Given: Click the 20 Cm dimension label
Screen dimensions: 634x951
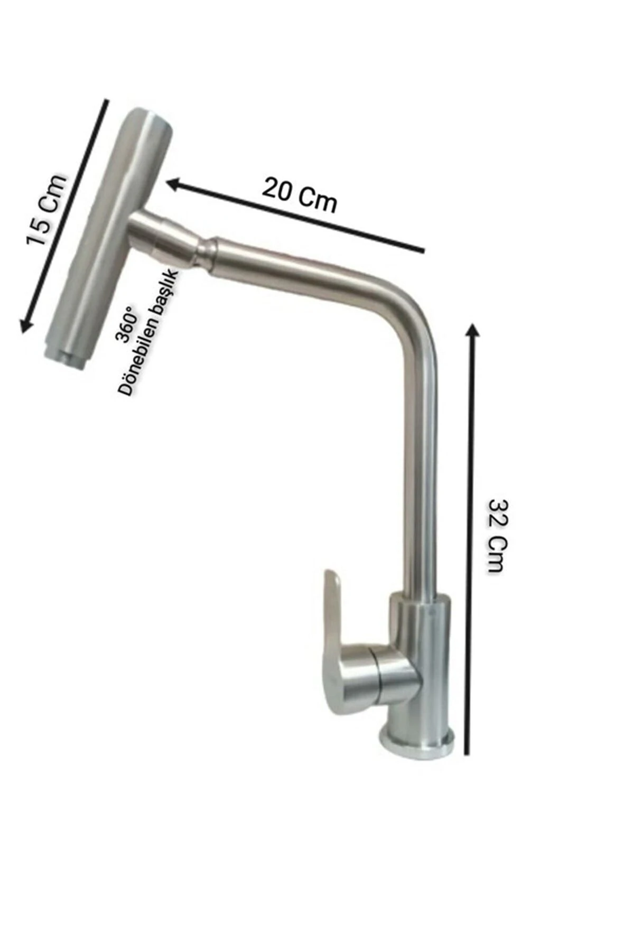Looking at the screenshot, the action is pyautogui.click(x=300, y=195).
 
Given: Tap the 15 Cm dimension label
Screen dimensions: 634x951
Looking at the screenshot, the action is pyautogui.click(x=48, y=210).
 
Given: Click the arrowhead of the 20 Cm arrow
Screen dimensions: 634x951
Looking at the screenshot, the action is pyautogui.click(x=175, y=184).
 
